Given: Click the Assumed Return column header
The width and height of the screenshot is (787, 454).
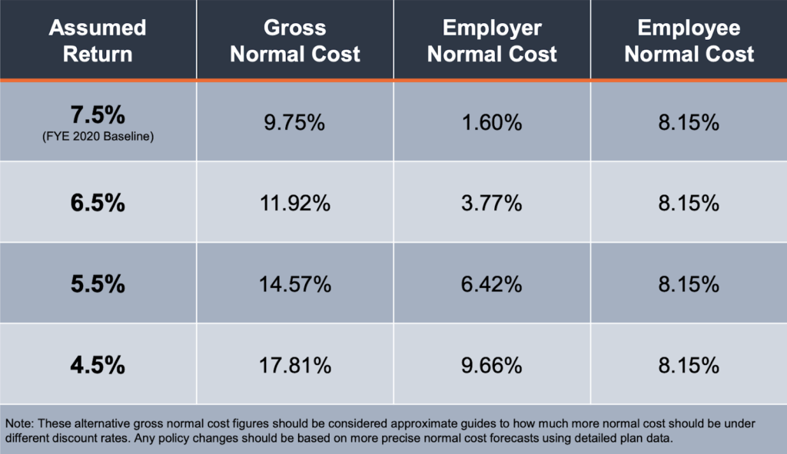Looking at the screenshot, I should tap(98, 41).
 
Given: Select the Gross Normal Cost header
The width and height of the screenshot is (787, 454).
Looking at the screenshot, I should tap(295, 41).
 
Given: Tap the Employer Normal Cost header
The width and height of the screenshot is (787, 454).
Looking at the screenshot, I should tap(492, 41).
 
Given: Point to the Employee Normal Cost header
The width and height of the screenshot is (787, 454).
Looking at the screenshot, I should tap(689, 41).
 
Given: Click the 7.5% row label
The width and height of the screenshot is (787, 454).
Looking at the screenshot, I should tap(98, 115).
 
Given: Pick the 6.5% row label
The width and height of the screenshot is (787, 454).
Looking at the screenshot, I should tap(98, 204).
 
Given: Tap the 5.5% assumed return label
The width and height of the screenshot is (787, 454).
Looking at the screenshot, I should tap(98, 284).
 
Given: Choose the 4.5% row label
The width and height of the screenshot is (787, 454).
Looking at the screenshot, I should tap(98, 365).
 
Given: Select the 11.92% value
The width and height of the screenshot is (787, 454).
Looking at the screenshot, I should tap(295, 204).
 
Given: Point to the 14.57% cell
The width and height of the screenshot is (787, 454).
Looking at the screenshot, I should tap(295, 284).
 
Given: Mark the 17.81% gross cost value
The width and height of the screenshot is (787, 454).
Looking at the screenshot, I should tap(295, 365).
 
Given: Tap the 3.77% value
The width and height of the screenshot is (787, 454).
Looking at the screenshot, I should tap(492, 204).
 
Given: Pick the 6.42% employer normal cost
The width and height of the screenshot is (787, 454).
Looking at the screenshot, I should tap(492, 284).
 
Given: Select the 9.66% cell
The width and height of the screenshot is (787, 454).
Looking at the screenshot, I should tap(492, 365).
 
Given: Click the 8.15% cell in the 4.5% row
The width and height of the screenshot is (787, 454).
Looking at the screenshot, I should tap(689, 365).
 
